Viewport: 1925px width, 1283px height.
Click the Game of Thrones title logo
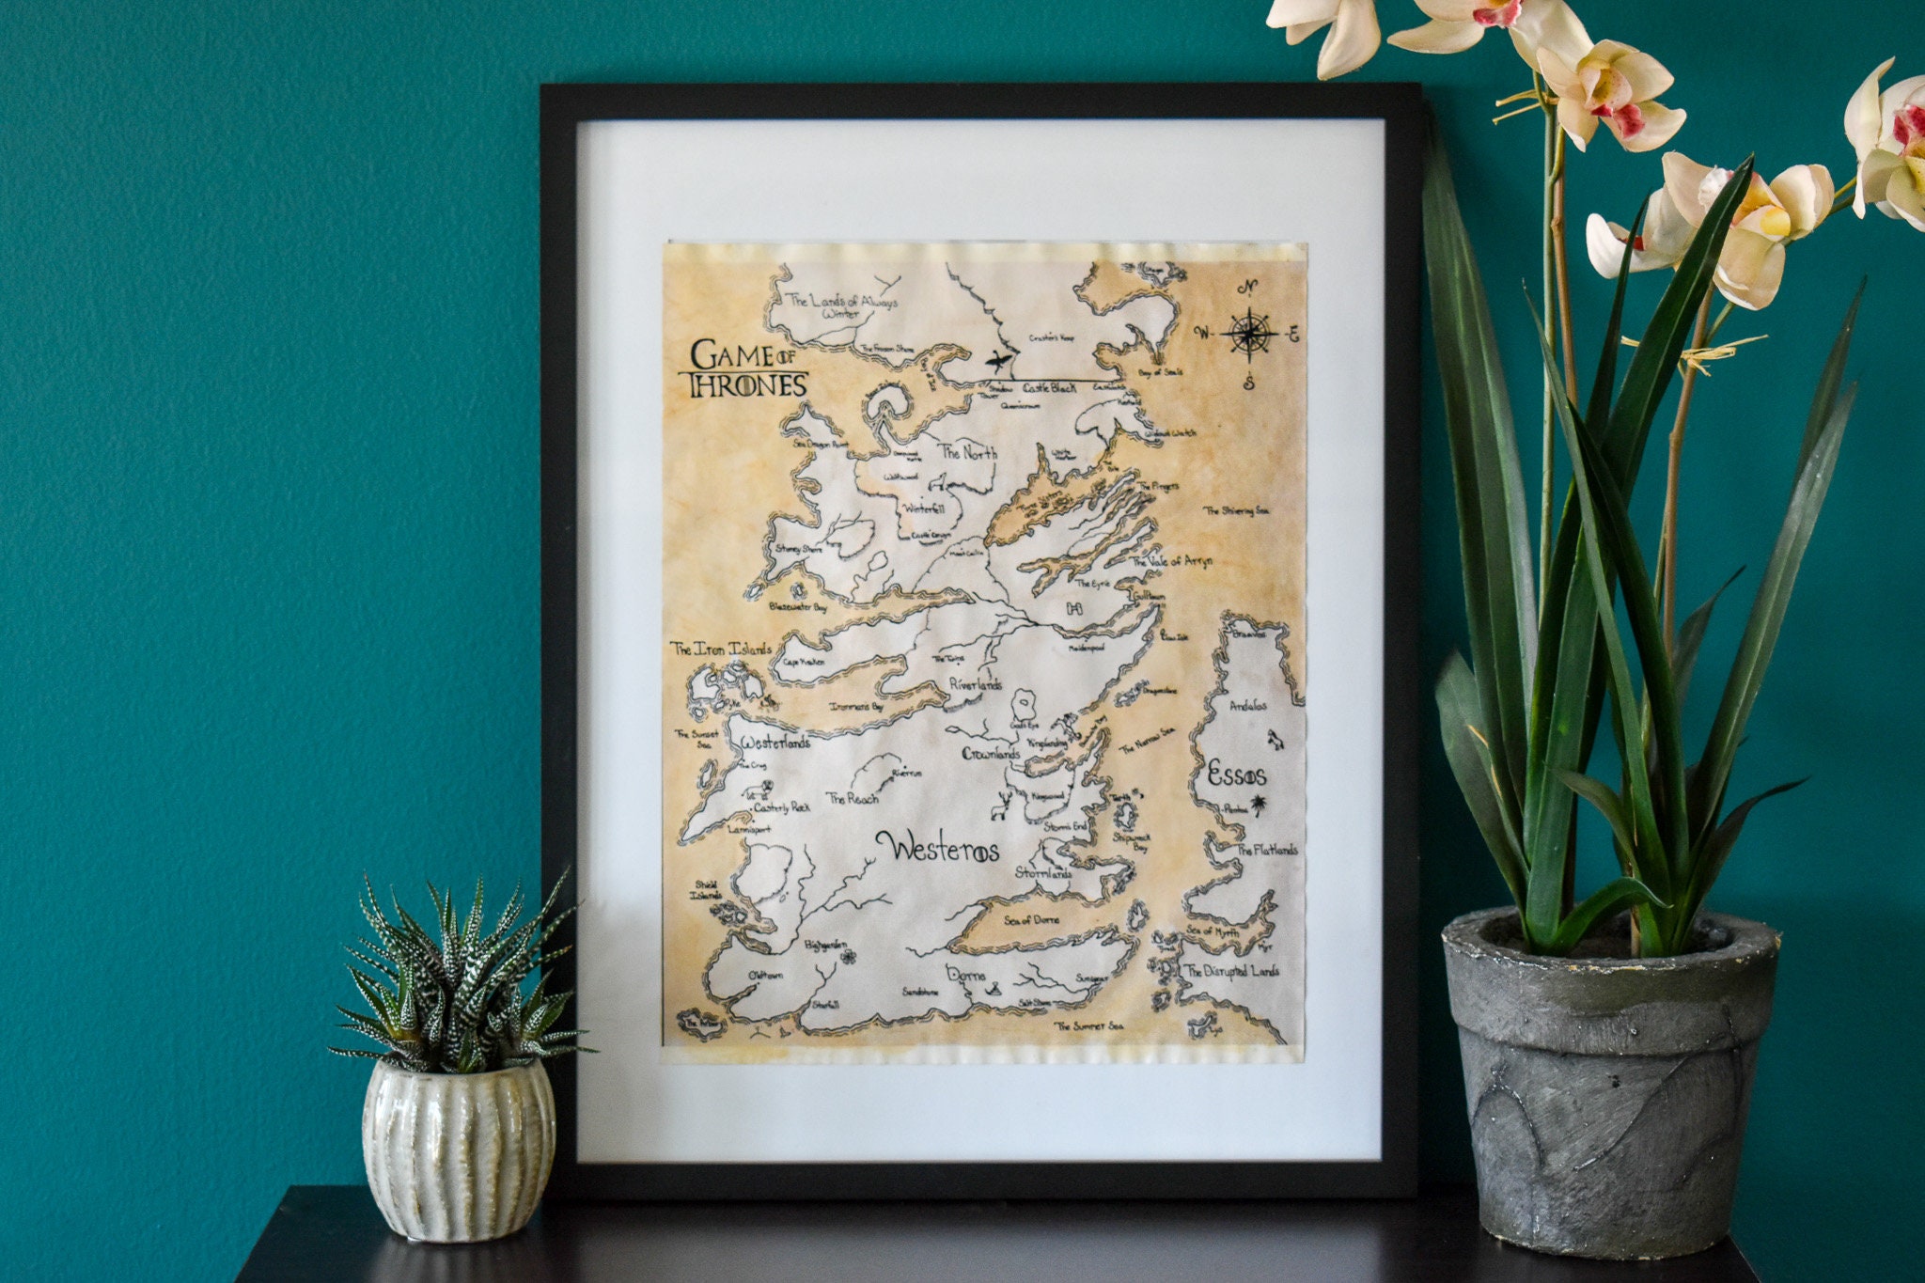748,368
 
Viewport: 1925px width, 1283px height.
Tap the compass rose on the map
1248,333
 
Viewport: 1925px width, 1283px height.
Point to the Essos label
1236,775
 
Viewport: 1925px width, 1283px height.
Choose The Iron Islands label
720,649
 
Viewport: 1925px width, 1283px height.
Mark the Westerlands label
775,743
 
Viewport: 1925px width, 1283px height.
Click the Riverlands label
975,685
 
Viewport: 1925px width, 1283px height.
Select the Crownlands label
991,754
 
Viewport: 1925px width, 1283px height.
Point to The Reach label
853,799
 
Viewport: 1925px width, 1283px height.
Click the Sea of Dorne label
1031,919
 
